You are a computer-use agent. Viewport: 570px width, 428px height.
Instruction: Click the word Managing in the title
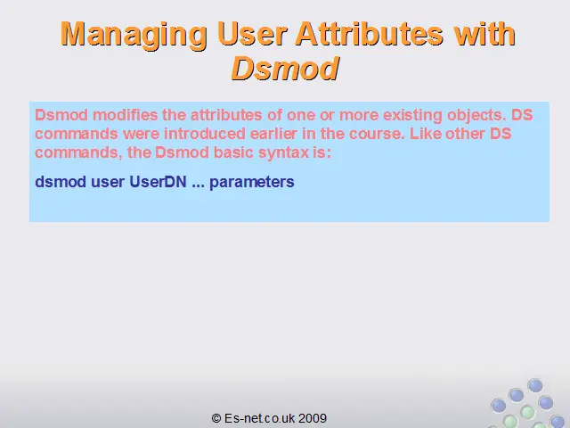pyautogui.click(x=134, y=35)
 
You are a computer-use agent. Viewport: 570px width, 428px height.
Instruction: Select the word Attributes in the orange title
pyautogui.click(x=370, y=34)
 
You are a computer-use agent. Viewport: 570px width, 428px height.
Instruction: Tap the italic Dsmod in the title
pyautogui.click(x=285, y=69)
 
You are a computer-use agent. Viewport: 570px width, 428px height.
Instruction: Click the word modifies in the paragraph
pyautogui.click(x=125, y=115)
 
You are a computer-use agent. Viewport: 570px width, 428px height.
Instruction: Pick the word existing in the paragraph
pyautogui.click(x=412, y=115)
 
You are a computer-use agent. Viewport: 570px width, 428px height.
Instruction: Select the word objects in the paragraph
pyautogui.click(x=476, y=116)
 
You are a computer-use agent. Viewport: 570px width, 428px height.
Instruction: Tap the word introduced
pyautogui.click(x=205, y=134)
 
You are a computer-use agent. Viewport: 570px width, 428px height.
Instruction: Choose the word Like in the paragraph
pyautogui.click(x=425, y=134)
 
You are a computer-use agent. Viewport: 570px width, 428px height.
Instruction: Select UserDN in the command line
pyautogui.click(x=158, y=182)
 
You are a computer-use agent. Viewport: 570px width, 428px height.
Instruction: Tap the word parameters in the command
pyautogui.click(x=251, y=182)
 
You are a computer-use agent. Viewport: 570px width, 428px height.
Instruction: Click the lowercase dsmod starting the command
pyautogui.click(x=61, y=182)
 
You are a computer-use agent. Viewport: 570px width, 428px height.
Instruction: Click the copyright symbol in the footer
pyautogui.click(x=216, y=418)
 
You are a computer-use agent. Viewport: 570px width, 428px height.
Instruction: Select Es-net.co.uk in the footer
pyautogui.click(x=259, y=418)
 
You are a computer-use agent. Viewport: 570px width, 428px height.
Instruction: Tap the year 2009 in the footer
pyautogui.click(x=313, y=418)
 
